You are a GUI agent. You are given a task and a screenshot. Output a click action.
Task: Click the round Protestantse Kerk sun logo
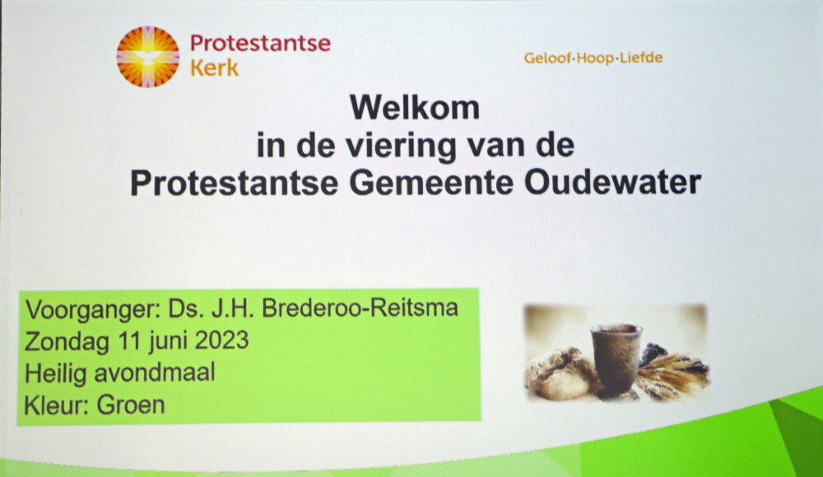click(147, 57)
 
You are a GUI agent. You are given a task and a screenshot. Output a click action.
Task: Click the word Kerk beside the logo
click(214, 68)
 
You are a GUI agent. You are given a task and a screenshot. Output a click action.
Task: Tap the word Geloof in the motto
click(547, 58)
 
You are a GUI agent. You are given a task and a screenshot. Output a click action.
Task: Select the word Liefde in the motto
click(641, 58)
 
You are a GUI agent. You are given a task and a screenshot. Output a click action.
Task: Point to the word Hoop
click(595, 58)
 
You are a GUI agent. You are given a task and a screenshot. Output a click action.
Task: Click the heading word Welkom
click(415, 108)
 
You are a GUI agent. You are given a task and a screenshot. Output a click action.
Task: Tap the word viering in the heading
click(401, 146)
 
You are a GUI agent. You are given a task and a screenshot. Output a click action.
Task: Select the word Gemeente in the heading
click(431, 183)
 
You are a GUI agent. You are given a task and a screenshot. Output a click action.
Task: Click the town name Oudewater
click(612, 182)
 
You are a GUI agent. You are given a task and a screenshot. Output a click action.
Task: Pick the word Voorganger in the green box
click(92, 310)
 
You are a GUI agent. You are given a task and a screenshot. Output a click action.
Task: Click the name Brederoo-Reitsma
click(360, 308)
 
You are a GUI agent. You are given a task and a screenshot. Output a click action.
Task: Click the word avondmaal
click(155, 373)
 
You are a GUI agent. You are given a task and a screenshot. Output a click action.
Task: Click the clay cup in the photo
click(615, 359)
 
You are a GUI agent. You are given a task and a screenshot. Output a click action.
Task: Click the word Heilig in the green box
click(56, 374)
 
